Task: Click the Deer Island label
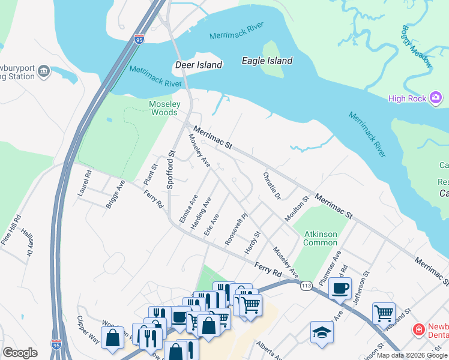pyautogui.click(x=198, y=65)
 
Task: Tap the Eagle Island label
pyautogui.click(x=267, y=61)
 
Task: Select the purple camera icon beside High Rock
pyautogui.click(x=436, y=97)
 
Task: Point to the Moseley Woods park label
pyautogui.click(x=163, y=108)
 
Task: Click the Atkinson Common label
pyautogui.click(x=320, y=238)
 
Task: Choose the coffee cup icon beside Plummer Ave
pyautogui.click(x=340, y=288)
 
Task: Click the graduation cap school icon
pyautogui.click(x=322, y=332)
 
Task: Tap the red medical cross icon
pyautogui.click(x=419, y=329)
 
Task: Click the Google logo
pyautogui.click(x=20, y=353)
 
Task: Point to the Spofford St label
pyautogui.click(x=170, y=170)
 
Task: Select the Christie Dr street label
pyautogui.click(x=271, y=187)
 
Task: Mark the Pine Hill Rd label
pyautogui.click(x=12, y=229)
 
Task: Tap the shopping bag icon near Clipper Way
pyautogui.click(x=112, y=337)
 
